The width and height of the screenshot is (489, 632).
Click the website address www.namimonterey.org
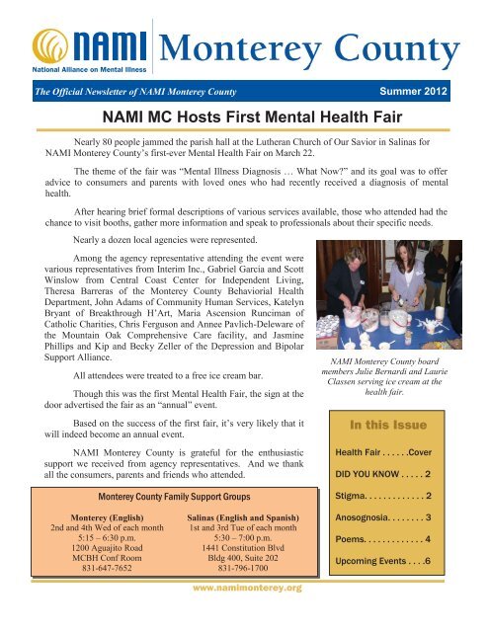coord(244,615)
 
